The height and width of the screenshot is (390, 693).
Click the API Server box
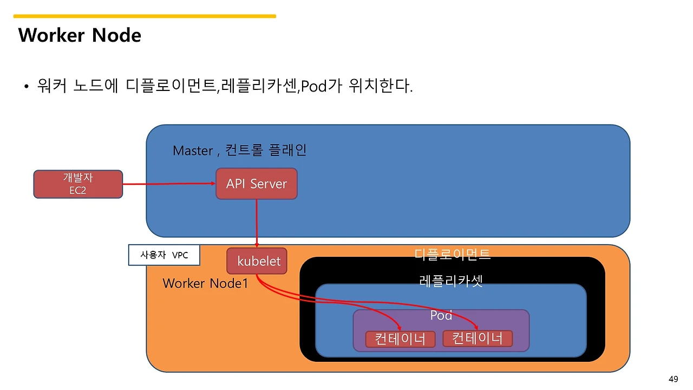[257, 184]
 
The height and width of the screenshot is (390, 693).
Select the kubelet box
[257, 261]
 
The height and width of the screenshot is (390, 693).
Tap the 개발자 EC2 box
[78, 184]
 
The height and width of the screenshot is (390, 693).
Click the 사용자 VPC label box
[164, 255]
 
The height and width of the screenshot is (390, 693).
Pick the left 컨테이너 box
[400, 339]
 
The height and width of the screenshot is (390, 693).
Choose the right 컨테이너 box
[478, 339]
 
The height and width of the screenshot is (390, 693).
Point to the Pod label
[441, 315]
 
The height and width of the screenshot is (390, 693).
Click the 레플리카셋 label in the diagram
[451, 281]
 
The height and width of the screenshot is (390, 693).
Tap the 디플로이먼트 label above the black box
[452, 253]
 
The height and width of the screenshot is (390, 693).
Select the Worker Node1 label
[205, 283]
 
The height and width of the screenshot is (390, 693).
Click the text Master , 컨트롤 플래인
[239, 150]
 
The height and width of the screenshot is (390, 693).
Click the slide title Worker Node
[80, 35]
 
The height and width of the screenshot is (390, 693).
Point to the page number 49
[674, 379]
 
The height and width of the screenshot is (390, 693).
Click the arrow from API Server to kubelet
[257, 222]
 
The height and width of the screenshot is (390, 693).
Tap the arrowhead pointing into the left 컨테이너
[400, 327]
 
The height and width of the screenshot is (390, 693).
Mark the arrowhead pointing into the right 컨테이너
[477, 327]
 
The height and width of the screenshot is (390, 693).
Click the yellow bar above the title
[145, 16]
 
